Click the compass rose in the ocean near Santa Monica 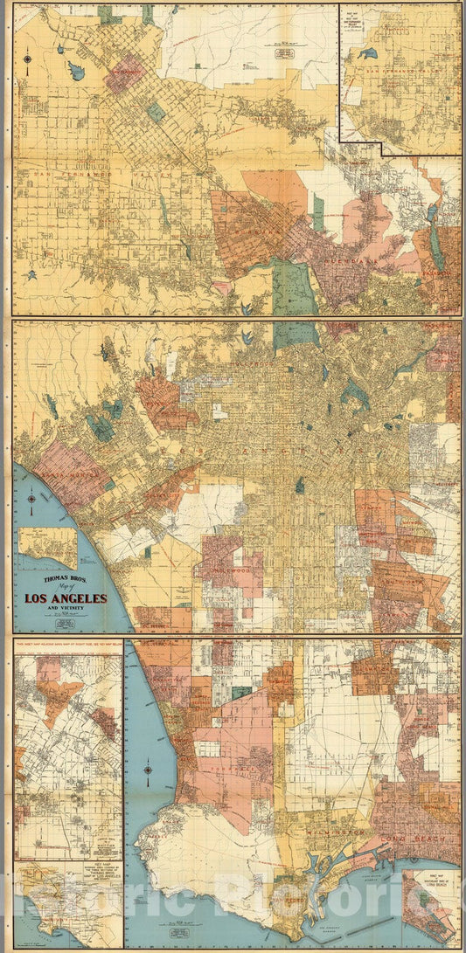click(31, 501)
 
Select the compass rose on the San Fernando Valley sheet click(29, 59)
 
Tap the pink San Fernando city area click(124, 74)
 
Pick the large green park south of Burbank click(293, 288)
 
